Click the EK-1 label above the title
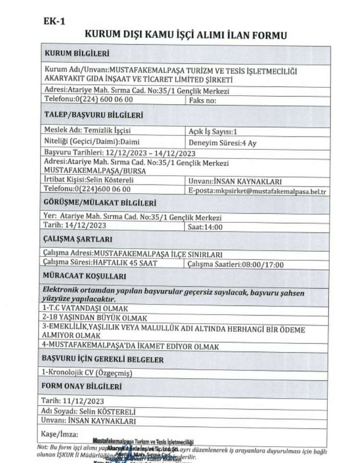[54, 21]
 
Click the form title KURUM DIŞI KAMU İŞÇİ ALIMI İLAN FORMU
[186, 35]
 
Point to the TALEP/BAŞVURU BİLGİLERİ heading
[93, 116]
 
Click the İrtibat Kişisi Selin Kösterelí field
[89, 181]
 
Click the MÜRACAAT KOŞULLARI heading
[84, 276]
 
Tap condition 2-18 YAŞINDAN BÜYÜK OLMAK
[95, 317]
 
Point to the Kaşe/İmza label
[60, 434]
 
